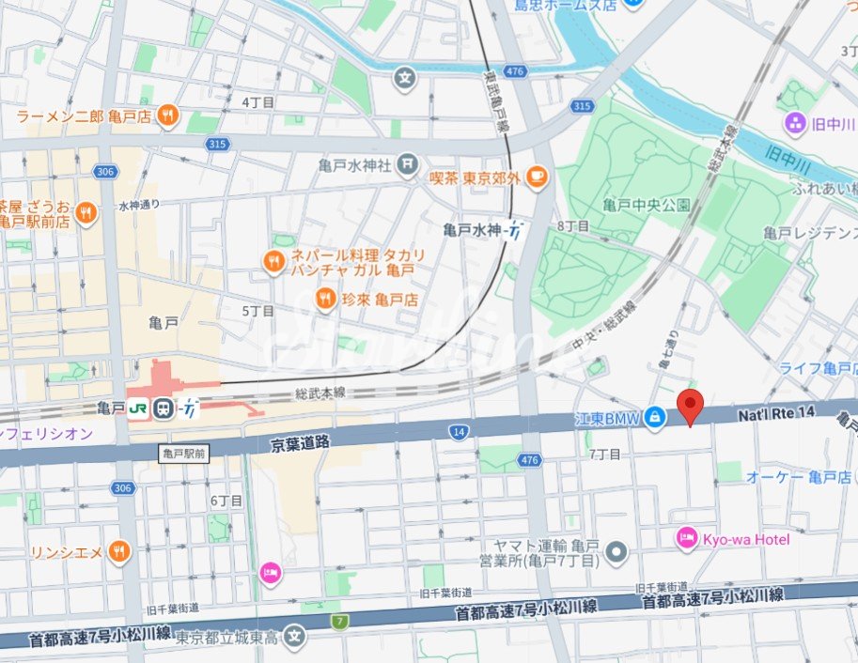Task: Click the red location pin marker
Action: pos(691,407)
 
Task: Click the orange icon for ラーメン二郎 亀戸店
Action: pos(168,116)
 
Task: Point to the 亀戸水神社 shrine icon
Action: pos(406,165)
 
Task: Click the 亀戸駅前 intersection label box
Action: pos(183,453)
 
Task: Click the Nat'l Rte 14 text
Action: pos(775,412)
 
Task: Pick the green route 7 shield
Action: pos(338,621)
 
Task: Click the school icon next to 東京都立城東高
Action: pos(296,637)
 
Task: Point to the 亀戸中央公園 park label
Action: pos(647,205)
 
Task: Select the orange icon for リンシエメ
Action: pos(118,552)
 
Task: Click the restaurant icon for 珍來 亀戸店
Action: pos(325,300)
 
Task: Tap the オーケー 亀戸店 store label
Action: pos(798,477)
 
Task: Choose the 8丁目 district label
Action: pos(572,226)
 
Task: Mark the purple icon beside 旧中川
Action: pos(795,123)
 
